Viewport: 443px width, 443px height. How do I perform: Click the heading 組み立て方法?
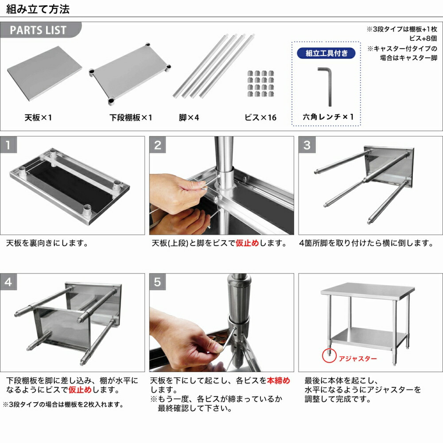click(38, 9)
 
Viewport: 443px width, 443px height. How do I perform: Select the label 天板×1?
click(39, 118)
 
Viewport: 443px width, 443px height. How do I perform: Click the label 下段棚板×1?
click(131, 118)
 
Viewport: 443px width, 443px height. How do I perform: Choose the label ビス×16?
click(260, 118)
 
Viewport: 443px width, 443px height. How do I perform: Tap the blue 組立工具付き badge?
click(326, 54)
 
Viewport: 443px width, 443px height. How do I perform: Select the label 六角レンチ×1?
click(328, 117)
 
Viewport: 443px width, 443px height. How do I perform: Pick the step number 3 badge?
click(307, 145)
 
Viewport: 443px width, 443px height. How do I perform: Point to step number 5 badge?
click(158, 282)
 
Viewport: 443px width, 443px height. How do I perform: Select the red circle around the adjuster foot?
click(328, 354)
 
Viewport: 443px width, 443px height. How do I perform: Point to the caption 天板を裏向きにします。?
click(47, 243)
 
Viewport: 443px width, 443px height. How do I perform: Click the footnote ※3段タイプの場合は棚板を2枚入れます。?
click(63, 404)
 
